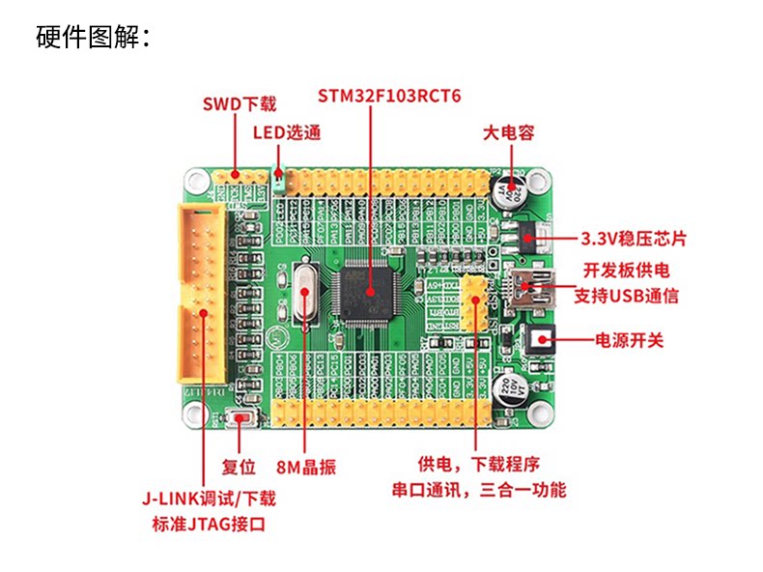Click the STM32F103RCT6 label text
(x=390, y=97)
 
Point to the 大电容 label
(x=508, y=132)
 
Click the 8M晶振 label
(x=306, y=468)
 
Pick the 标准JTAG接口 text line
(x=208, y=525)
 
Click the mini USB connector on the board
(x=526, y=289)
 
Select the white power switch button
(x=540, y=339)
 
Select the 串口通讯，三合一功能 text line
(x=478, y=490)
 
